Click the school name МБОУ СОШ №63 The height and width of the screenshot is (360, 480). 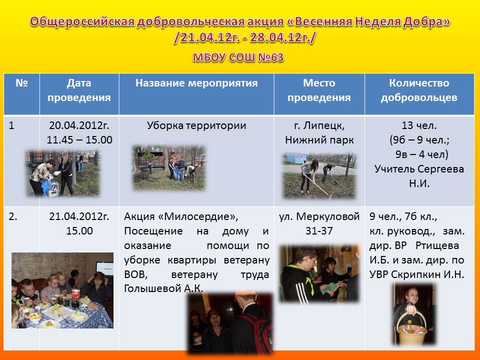pos(238,57)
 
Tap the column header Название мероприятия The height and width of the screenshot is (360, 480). pos(196,83)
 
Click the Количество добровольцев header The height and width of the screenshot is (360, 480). pos(419,90)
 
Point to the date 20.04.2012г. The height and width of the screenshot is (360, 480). pos(79,125)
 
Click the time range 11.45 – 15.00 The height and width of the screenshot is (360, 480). pos(79,139)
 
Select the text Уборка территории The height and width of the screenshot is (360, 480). pos(196,125)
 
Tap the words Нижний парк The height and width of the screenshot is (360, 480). pos(319,140)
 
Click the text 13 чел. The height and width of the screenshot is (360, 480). pos(419,125)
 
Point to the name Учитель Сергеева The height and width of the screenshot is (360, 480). pos(419,168)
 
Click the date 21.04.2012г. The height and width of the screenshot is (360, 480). pos(79,216)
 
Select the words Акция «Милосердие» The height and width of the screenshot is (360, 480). pos(181,216)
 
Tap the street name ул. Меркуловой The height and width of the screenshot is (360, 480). pos(319,216)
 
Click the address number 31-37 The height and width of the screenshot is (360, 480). pos(319,231)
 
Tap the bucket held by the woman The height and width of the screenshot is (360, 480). pos(411,329)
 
